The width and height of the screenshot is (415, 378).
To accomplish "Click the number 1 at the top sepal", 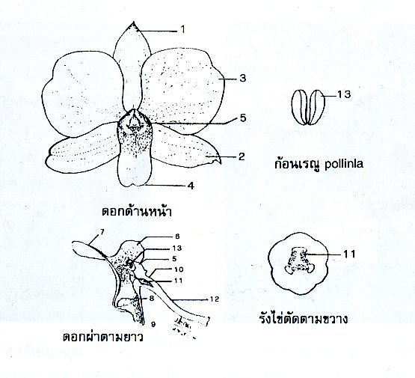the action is pyautogui.click(x=182, y=29).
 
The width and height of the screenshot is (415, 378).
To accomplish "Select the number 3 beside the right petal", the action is pyautogui.click(x=243, y=79).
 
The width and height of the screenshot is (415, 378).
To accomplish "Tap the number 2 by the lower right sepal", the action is pyautogui.click(x=242, y=156).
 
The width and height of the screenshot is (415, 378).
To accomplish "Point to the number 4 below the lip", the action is pyautogui.click(x=191, y=186).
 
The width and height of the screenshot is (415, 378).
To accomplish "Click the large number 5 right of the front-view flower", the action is pyautogui.click(x=243, y=118).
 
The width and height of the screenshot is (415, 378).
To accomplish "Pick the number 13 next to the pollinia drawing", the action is pyautogui.click(x=344, y=94).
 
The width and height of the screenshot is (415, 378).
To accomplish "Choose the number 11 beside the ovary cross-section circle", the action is pyautogui.click(x=349, y=254).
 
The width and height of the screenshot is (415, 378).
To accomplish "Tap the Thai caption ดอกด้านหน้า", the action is pyautogui.click(x=137, y=211).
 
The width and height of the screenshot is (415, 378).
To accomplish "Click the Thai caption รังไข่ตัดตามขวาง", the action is pyautogui.click(x=304, y=319).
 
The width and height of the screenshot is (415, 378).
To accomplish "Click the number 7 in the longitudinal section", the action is pyautogui.click(x=102, y=232).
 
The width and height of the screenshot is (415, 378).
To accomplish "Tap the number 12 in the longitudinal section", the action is pyautogui.click(x=215, y=299).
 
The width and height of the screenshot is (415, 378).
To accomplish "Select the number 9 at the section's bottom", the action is pyautogui.click(x=153, y=323).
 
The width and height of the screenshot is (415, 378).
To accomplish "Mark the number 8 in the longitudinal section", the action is pyautogui.click(x=152, y=298).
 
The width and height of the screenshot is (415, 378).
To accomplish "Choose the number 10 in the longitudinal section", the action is pyautogui.click(x=179, y=269).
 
